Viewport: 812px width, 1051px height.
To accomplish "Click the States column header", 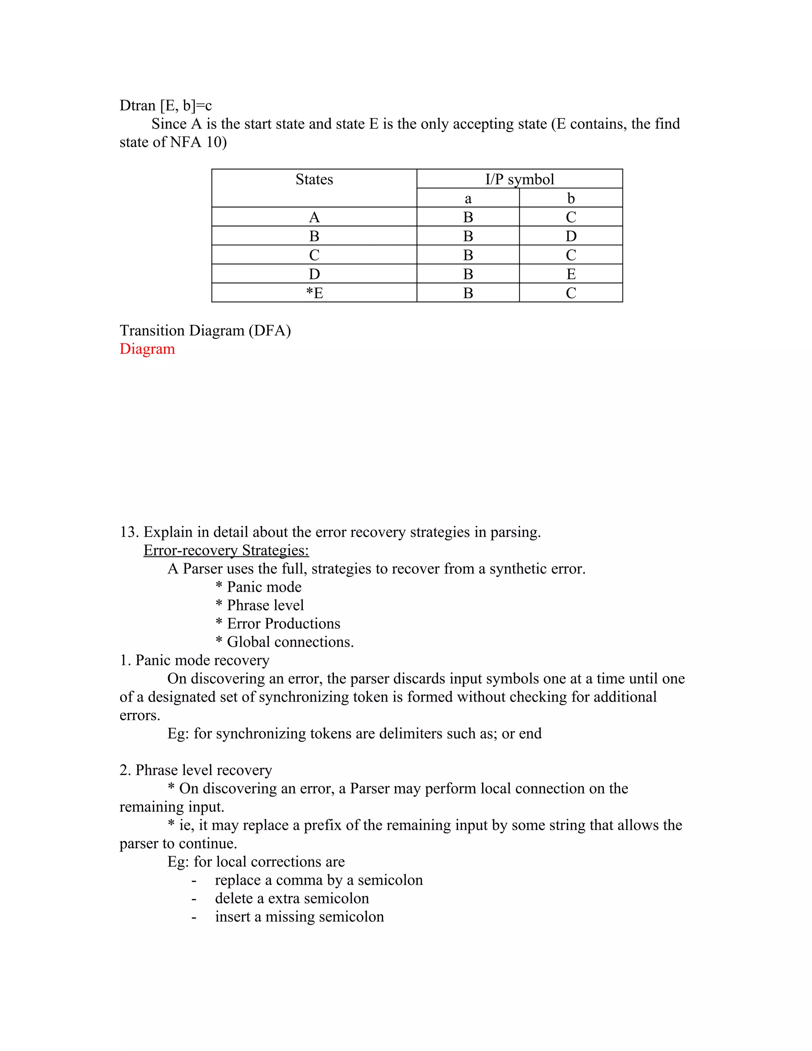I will click(x=314, y=180).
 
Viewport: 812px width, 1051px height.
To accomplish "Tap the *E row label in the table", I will click(x=314, y=293).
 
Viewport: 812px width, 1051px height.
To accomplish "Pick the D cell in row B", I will click(x=571, y=236).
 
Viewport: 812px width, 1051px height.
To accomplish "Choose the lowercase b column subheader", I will click(x=571, y=198).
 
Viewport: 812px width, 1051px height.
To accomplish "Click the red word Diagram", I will click(x=147, y=349).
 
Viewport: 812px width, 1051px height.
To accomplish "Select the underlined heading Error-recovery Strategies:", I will click(x=226, y=550).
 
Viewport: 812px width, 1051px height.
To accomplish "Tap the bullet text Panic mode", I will click(x=264, y=587).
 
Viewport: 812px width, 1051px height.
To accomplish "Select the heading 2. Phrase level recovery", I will click(x=196, y=770).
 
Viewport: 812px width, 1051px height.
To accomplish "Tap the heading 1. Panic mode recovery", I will click(x=194, y=660).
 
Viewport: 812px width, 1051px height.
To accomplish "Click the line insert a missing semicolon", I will click(x=299, y=916).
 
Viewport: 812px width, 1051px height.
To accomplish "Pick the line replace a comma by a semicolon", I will click(x=318, y=880).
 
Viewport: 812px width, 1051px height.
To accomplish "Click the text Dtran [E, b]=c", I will click(x=165, y=105).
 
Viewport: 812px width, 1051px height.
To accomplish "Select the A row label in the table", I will click(x=314, y=217).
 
